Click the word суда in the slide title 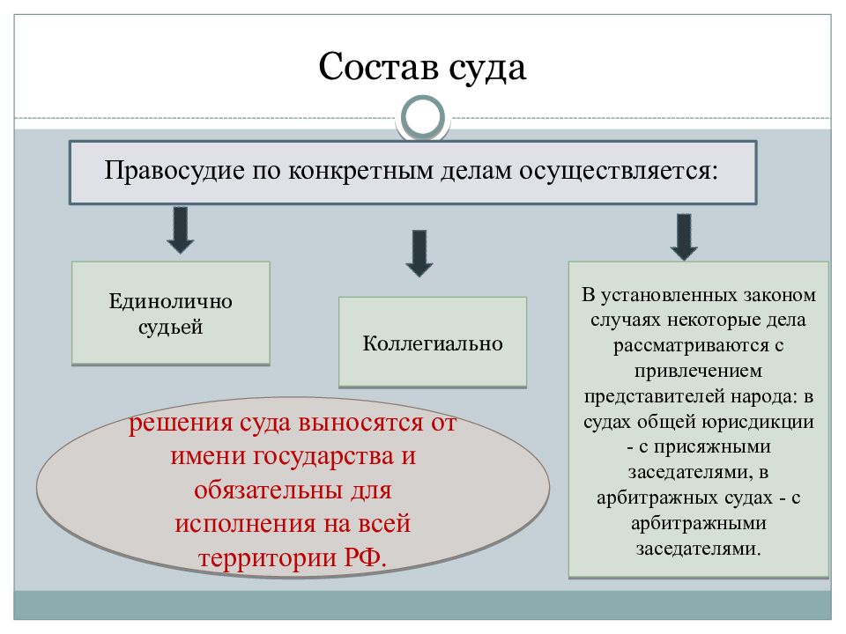click(487, 69)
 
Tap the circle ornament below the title click(423, 117)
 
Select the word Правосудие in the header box click(174, 170)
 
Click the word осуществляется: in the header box click(619, 172)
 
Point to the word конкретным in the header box click(360, 172)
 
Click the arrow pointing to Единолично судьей click(180, 230)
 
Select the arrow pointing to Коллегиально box click(419, 254)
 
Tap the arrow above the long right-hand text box click(684, 237)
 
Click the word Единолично click(170, 301)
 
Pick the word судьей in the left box click(170, 327)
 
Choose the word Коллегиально click(433, 343)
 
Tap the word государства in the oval click(323, 456)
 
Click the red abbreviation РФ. click(365, 557)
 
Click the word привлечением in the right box click(698, 371)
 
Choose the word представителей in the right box click(655, 396)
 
